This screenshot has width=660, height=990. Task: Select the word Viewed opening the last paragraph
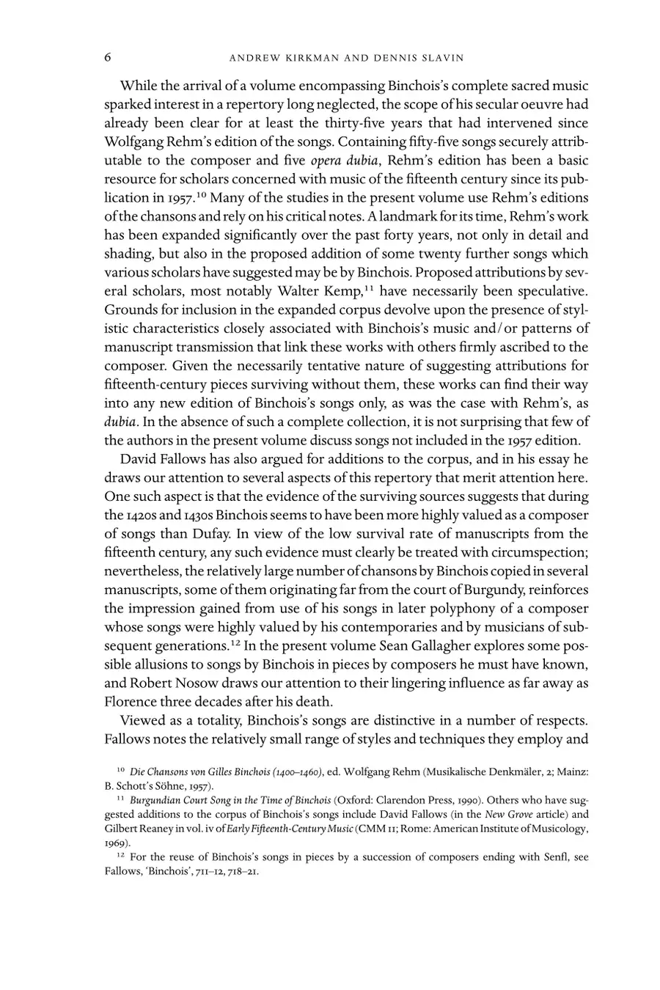(142, 721)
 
